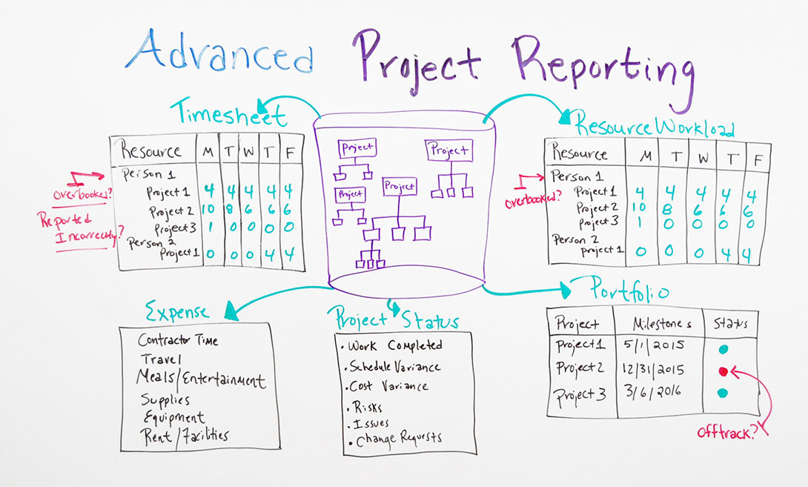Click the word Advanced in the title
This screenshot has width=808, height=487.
point(219,53)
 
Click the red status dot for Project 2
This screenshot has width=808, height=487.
point(723,370)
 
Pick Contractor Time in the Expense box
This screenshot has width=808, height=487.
point(178,341)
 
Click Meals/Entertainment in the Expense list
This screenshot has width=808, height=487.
point(200,380)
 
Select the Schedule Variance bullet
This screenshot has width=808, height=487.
point(394,367)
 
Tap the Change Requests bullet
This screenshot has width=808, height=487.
point(397,437)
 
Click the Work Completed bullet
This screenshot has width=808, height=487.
point(394,345)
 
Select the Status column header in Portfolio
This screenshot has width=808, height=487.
point(730,324)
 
